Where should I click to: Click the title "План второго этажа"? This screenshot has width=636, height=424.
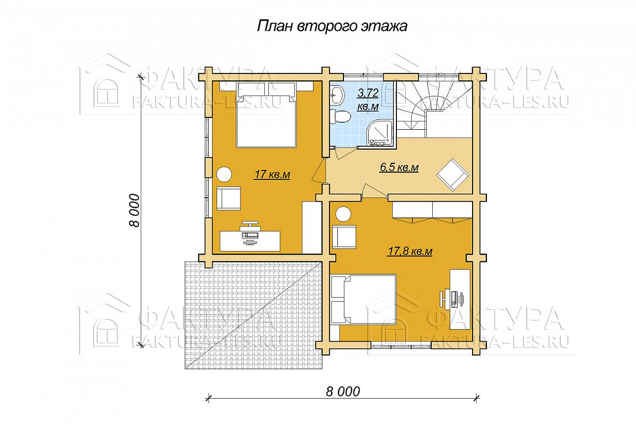[x=332, y=26]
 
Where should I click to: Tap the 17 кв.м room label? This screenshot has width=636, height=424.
[x=272, y=175]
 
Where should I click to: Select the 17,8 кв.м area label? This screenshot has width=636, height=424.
[x=410, y=252]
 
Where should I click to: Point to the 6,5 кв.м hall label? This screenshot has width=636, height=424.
[x=399, y=167]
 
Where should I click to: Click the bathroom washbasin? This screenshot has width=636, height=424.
[x=336, y=96]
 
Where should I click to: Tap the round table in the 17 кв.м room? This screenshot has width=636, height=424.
[x=224, y=174]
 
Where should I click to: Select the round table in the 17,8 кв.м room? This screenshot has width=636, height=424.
[x=344, y=214]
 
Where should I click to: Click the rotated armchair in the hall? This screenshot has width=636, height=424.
[x=453, y=175]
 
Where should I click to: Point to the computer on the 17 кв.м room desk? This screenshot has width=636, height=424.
[x=250, y=232]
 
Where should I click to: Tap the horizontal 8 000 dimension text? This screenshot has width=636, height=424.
[x=343, y=391]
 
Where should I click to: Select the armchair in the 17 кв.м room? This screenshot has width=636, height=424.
[x=229, y=198]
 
